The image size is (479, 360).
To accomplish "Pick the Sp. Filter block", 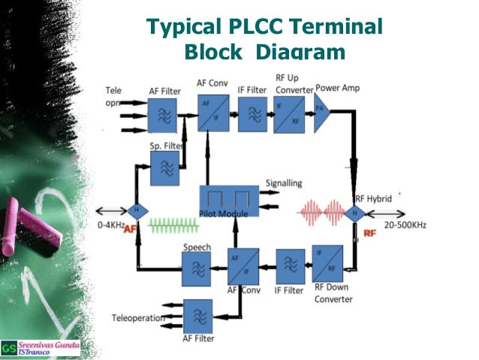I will pyautogui.click(x=165, y=169).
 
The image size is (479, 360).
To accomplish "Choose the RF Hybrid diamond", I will pyautogui.click(x=355, y=213).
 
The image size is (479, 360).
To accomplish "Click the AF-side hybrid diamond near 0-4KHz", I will pyautogui.click(x=137, y=210).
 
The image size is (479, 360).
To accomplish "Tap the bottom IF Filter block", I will pyautogui.click(x=290, y=265).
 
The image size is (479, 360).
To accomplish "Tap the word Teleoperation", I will pyautogui.click(x=138, y=318).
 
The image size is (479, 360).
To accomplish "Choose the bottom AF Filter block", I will pyautogui.click(x=198, y=316).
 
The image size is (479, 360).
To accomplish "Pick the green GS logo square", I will pyautogui.click(x=8, y=347).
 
